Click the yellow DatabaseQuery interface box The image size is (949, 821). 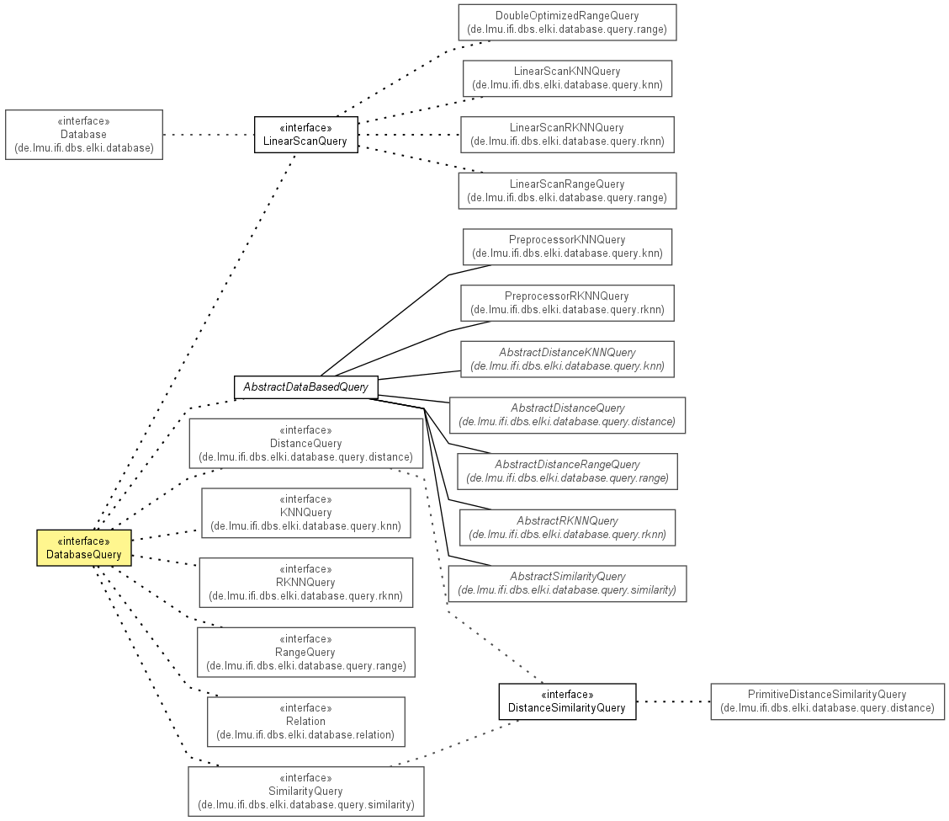click(84, 547)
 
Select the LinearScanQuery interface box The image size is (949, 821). click(306, 135)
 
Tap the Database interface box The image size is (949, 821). click(84, 135)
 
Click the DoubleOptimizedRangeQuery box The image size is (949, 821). click(567, 23)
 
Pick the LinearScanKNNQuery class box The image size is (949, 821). click(567, 78)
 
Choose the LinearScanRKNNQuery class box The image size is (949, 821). click(567, 135)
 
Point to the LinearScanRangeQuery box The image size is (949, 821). click(567, 191)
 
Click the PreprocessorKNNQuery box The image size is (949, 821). click(567, 247)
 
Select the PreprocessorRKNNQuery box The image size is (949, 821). click(567, 303)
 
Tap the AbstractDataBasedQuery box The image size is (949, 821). click(306, 387)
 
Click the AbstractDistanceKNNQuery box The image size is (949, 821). click(567, 360)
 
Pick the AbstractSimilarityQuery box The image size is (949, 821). click(567, 584)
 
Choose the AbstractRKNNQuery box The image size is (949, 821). click(567, 528)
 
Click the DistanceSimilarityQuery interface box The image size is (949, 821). click(567, 701)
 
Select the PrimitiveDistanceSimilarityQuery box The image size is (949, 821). click(827, 701)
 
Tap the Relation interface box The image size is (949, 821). click(306, 722)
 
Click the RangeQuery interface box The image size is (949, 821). click(306, 652)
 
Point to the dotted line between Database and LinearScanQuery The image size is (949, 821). click(209, 135)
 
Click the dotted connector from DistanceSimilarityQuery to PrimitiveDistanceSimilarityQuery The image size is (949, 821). click(674, 701)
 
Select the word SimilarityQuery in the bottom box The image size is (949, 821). click(305, 792)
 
